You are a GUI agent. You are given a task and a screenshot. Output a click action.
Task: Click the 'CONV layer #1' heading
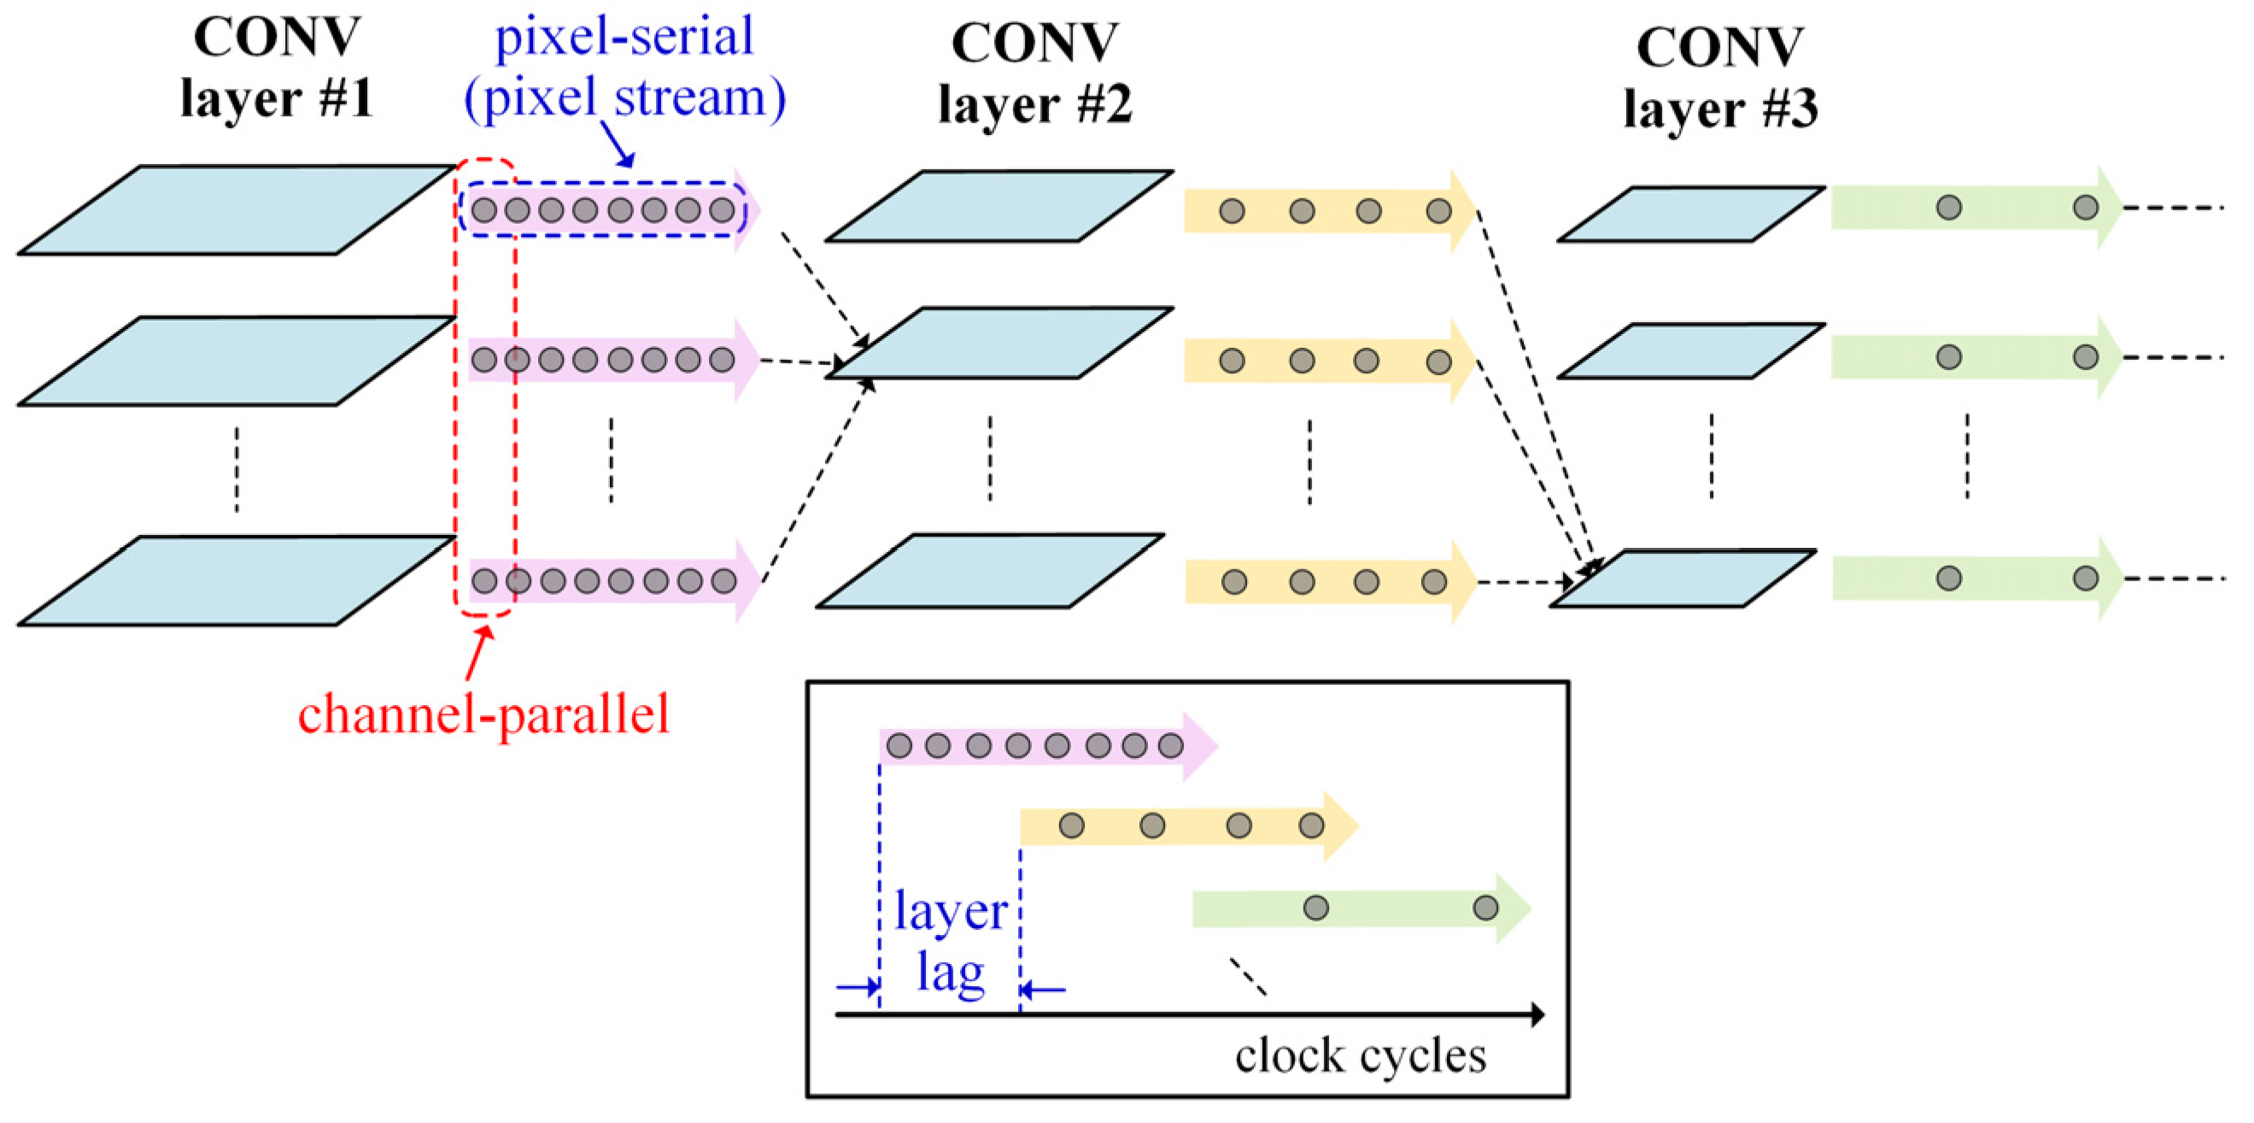coord(276,68)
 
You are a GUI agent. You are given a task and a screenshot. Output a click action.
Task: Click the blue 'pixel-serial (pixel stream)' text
coord(624,68)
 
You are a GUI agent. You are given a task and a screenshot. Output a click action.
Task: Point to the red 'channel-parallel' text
coord(483,714)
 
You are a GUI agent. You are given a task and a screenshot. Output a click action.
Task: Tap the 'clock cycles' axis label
coord(1360,1055)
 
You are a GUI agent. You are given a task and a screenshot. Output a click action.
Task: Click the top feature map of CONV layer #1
coord(237,210)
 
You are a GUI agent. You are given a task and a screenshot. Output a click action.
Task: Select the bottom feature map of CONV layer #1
coord(237,580)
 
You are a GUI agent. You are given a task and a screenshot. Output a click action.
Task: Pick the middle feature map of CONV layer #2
coord(999,342)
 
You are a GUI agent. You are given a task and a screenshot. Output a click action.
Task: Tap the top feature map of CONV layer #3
coord(1690,214)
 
